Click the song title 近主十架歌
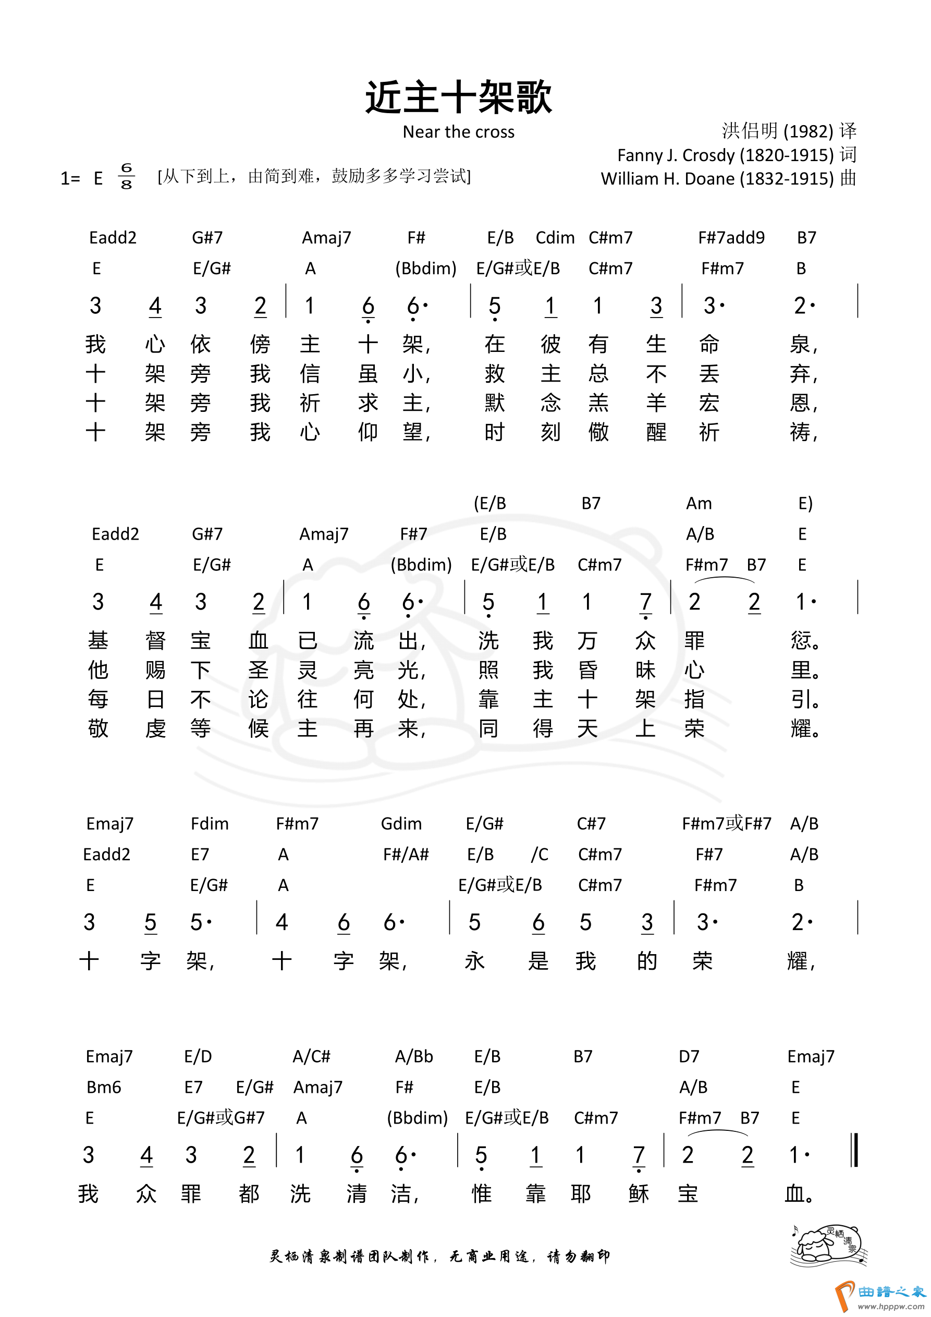pos(458,97)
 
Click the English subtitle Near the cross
pos(458,132)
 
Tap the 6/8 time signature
pos(126,176)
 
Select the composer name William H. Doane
pos(717,179)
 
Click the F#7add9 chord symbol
pos(731,237)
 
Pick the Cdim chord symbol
pos(555,237)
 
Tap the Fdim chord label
pos(210,824)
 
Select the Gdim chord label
pos(401,824)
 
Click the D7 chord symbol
pos(689,1057)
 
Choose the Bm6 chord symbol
pos(104,1087)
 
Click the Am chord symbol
pos(699,504)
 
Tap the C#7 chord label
pos(591,824)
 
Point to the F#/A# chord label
pos(406,855)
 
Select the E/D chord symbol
pos(198,1057)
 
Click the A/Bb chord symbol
pos(413,1057)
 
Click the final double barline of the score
pos(855,1150)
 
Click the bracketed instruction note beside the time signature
pos(314,176)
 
